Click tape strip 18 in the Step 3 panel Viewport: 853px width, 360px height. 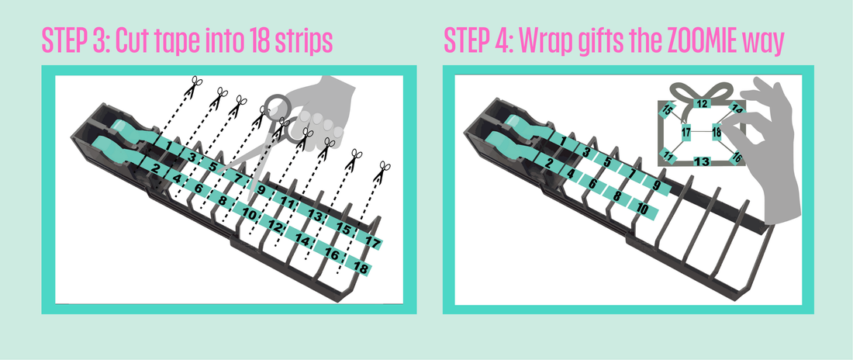click(360, 267)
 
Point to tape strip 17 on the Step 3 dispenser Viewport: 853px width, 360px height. click(371, 243)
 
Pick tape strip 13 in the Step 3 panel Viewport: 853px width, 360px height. click(314, 214)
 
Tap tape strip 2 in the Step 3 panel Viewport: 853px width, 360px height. click(156, 168)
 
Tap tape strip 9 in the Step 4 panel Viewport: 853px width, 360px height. click(657, 185)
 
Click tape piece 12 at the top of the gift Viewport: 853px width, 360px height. click(700, 103)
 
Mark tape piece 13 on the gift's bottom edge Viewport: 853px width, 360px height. click(702, 161)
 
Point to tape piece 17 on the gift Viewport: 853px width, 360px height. click(686, 133)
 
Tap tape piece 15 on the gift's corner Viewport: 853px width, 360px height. click(668, 111)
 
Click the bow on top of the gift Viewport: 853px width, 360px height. click(701, 89)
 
